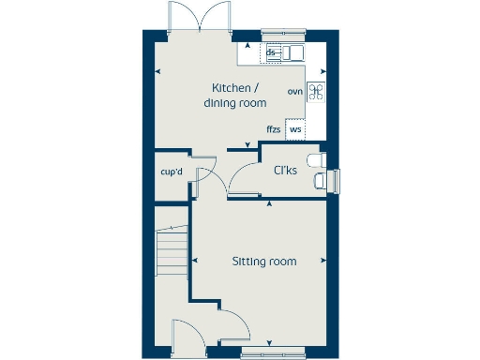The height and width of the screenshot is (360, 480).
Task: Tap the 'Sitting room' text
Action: [x=264, y=262]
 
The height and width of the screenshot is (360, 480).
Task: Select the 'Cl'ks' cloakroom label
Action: [x=286, y=171]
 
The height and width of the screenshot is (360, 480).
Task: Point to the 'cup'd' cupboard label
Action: [x=171, y=172]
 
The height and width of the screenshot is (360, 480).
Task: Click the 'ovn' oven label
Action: [x=294, y=91]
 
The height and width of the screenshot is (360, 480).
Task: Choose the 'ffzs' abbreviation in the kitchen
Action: [x=273, y=128]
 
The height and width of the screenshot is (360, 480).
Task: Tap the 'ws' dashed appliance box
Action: [x=296, y=129]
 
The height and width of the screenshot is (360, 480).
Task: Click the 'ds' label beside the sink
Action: [x=271, y=53]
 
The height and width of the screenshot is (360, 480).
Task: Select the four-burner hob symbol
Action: [x=317, y=91]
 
